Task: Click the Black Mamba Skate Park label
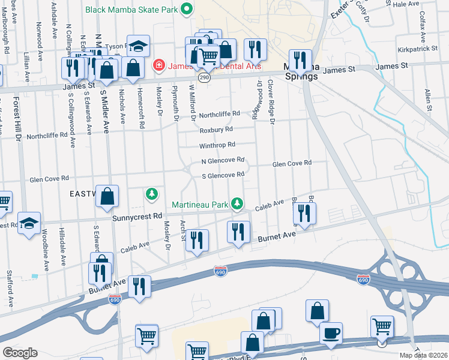point(131,10)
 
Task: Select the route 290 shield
point(205,77)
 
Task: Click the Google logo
point(20,352)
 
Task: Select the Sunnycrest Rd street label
point(137,216)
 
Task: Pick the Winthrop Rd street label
point(217,145)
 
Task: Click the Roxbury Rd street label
point(216,129)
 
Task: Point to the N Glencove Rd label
point(223,160)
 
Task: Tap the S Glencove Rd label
point(223,175)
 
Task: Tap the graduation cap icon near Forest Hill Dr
point(29,223)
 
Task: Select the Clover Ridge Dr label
point(271,102)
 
